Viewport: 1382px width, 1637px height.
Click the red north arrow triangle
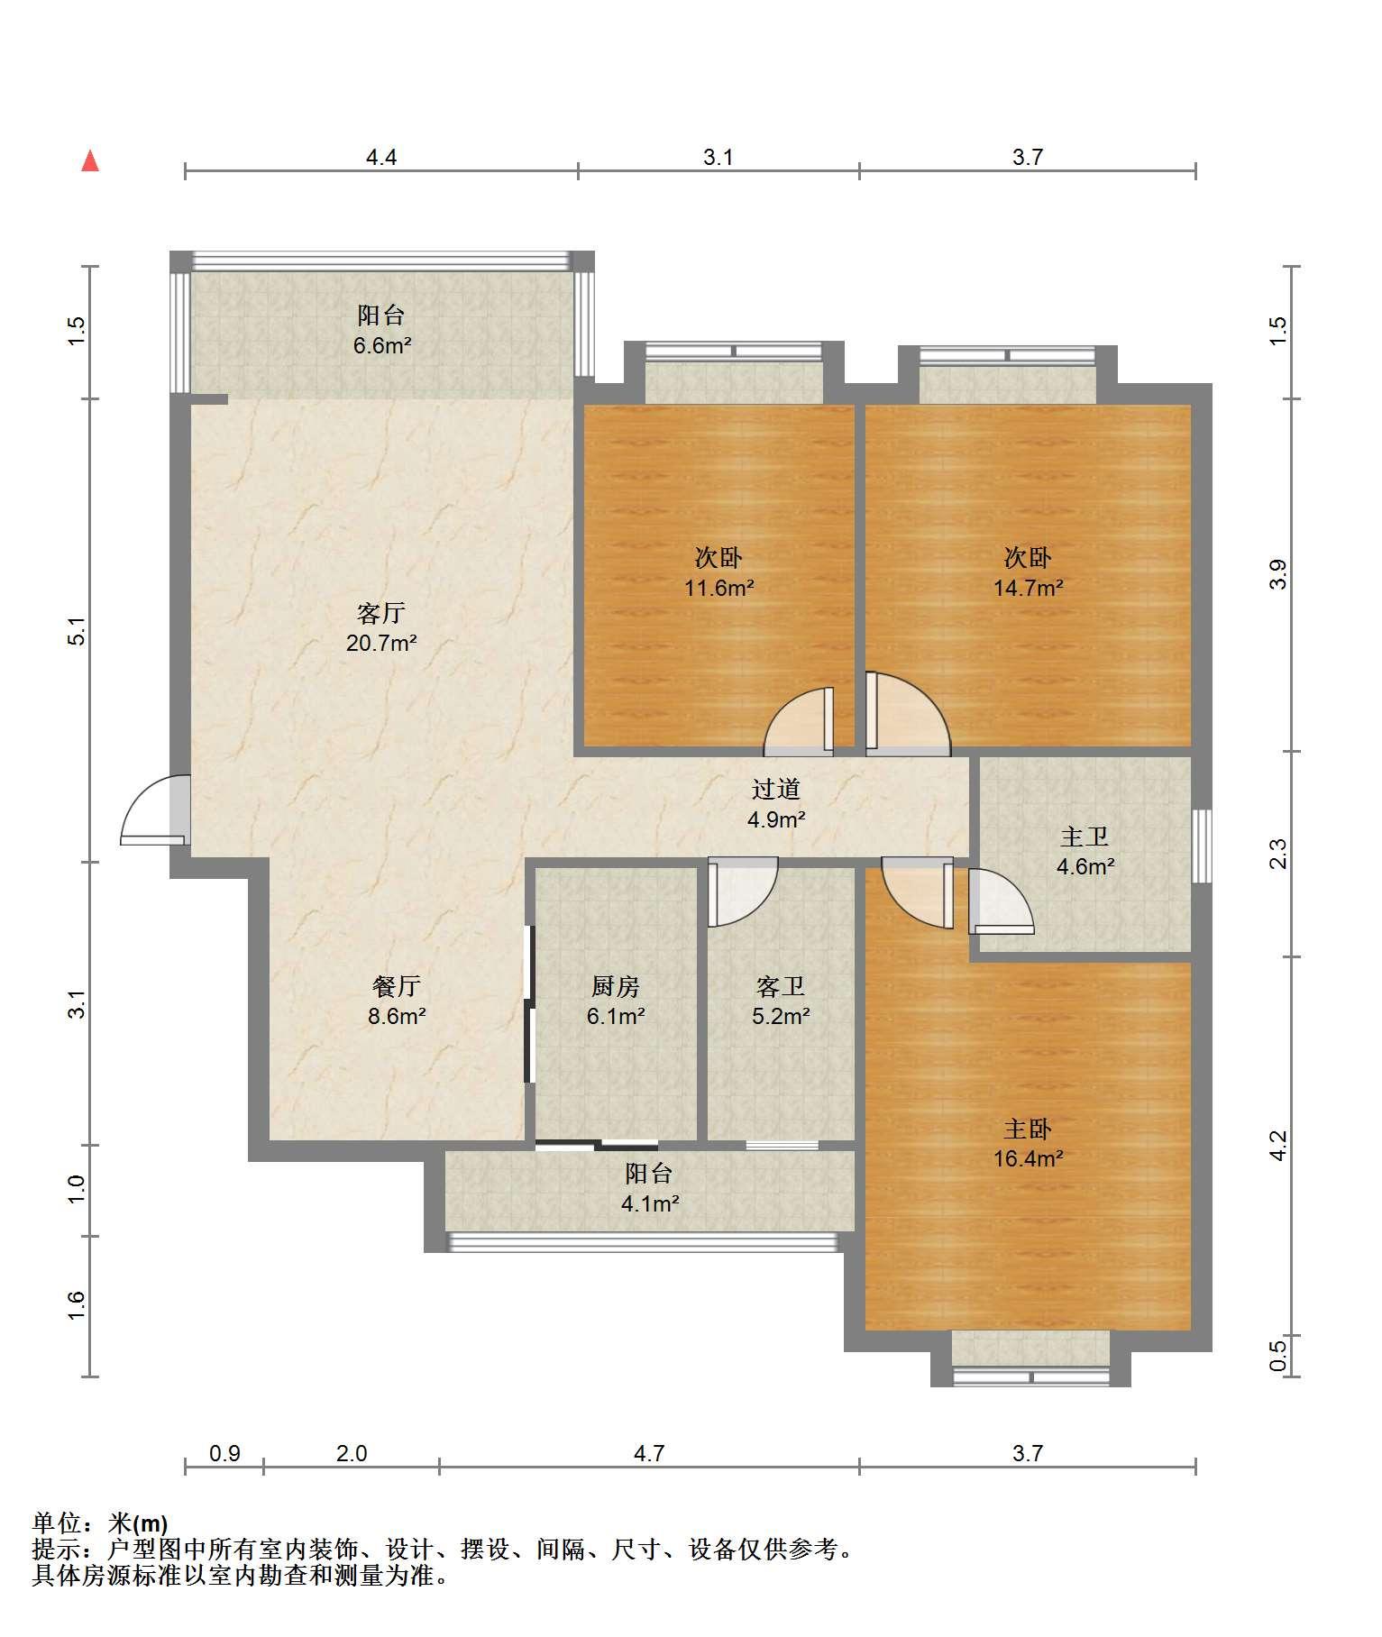90,161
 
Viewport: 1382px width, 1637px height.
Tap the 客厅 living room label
381,614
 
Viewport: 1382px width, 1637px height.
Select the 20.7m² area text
381,644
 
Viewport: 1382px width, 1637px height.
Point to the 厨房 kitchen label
616,986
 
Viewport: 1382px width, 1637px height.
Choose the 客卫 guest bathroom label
781,986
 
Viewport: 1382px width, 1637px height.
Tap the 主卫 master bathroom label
1085,837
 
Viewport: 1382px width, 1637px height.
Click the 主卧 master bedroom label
1028,1129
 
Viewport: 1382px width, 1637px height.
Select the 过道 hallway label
776,790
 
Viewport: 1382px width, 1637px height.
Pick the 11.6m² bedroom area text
718,589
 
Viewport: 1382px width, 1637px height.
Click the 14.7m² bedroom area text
1028,589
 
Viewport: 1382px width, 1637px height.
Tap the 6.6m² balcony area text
381,345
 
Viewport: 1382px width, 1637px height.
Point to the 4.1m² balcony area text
649,1203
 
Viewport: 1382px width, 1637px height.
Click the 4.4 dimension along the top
381,158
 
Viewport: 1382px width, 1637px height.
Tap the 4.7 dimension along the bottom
649,1453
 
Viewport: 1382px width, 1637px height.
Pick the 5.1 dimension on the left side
78,631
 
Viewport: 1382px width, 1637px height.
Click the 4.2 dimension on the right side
1279,1147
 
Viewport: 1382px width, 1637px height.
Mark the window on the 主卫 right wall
1202,846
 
